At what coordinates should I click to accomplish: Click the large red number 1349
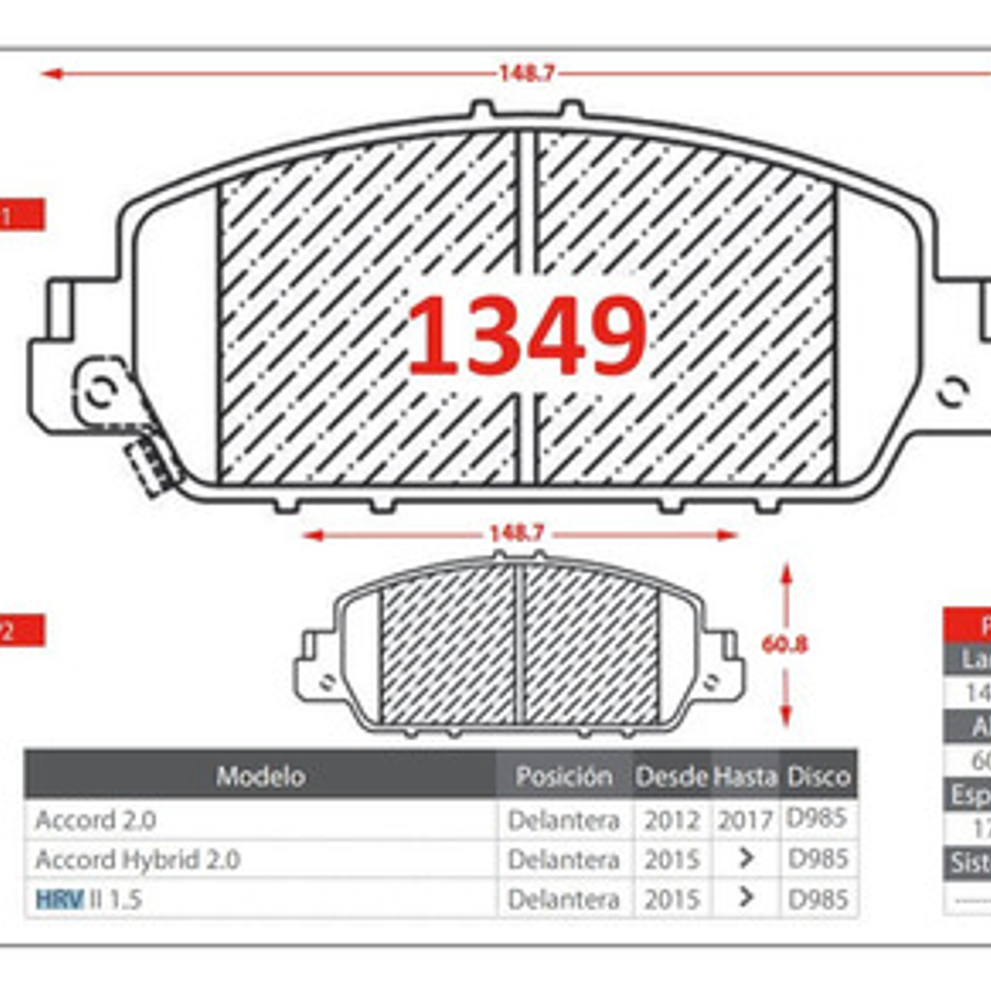pyautogui.click(x=527, y=336)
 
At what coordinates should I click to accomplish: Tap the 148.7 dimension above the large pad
pyautogui.click(x=526, y=73)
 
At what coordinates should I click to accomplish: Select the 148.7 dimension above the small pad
pyautogui.click(x=516, y=534)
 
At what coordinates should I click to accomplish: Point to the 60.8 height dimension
pyautogui.click(x=784, y=644)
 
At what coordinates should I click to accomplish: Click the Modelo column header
pyautogui.click(x=260, y=775)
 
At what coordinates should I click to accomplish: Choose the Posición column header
pyautogui.click(x=563, y=775)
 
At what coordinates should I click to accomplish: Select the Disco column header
pyautogui.click(x=818, y=775)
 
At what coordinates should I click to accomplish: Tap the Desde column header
pyautogui.click(x=671, y=775)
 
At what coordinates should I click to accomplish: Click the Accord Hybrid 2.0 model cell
pyautogui.click(x=137, y=860)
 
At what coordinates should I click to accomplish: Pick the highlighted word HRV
pyautogui.click(x=60, y=899)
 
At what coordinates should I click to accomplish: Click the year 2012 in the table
pyautogui.click(x=671, y=820)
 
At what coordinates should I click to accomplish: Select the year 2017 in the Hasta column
pyautogui.click(x=745, y=820)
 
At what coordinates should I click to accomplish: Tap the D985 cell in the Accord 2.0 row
pyautogui.click(x=817, y=818)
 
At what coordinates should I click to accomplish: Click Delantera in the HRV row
pyautogui.click(x=563, y=899)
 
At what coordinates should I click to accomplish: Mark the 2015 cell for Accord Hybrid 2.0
pyautogui.click(x=671, y=860)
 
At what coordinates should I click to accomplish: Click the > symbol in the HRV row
pyautogui.click(x=745, y=897)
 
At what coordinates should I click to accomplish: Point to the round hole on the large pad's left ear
pyautogui.click(x=103, y=390)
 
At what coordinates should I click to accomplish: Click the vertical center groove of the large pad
pyautogui.click(x=526, y=217)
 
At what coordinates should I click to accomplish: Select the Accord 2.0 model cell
pyautogui.click(x=96, y=820)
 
